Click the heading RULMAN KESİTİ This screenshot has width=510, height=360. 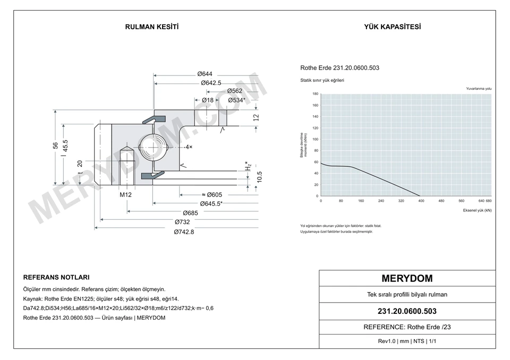(x=152, y=27)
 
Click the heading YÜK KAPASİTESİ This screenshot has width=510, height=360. (x=392, y=27)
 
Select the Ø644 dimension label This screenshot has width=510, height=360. (x=205, y=74)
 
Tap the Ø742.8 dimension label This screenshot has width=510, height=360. (x=184, y=232)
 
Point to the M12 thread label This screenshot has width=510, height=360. (x=125, y=195)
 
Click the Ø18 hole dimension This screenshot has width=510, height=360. (x=208, y=100)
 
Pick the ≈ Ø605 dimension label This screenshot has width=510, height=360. (x=212, y=195)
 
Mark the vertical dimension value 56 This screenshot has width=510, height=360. (x=56, y=145)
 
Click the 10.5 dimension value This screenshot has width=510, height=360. (x=259, y=177)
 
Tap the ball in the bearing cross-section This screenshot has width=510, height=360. (x=153, y=147)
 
